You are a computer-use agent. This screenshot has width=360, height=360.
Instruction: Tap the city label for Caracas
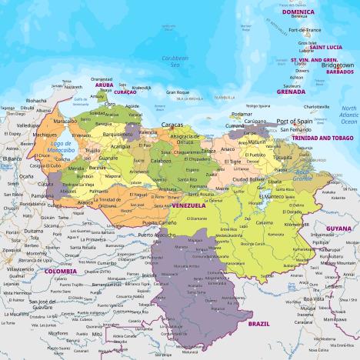[x=172, y=124]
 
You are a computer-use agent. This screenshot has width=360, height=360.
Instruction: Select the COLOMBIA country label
[x=61, y=271]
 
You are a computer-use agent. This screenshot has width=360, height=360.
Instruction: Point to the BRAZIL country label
[x=258, y=324]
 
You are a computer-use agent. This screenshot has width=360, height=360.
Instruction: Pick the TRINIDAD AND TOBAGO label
[x=321, y=138]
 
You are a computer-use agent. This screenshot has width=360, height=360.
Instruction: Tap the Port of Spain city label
[x=295, y=122]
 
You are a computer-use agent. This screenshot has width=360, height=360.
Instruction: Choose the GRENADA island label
[x=291, y=91]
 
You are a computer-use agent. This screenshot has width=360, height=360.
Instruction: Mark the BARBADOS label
[x=339, y=72]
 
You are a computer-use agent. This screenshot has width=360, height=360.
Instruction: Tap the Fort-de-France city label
[x=304, y=30]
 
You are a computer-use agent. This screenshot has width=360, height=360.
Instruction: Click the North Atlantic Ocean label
[x=349, y=115]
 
